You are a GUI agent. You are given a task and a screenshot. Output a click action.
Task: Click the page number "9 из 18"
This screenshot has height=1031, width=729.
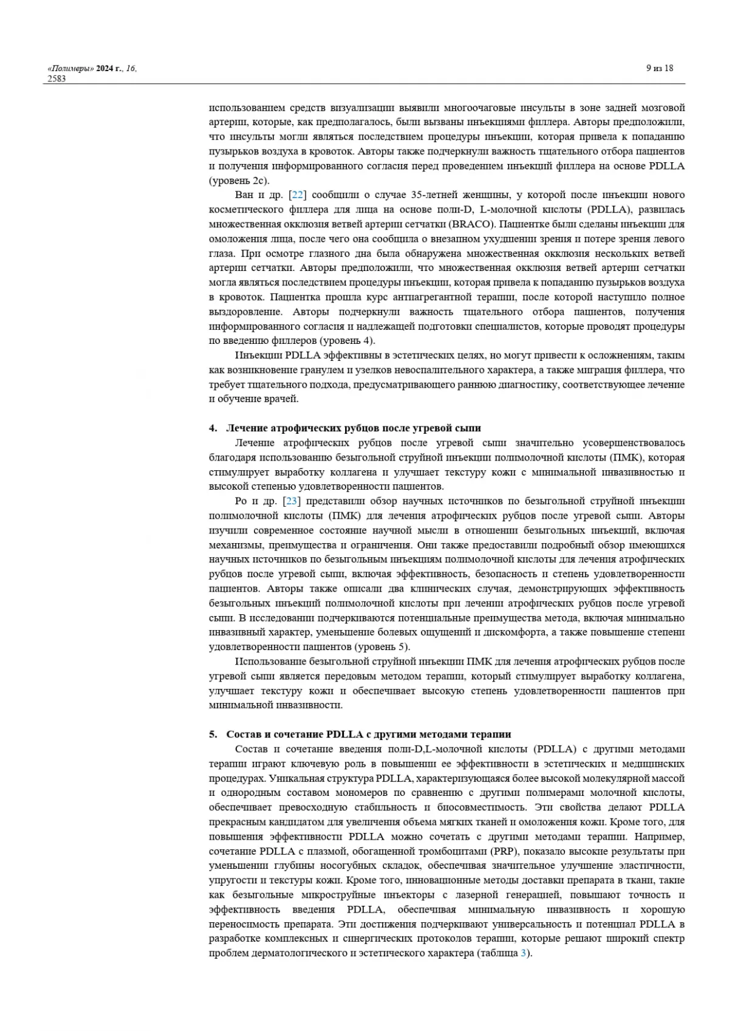point(659,68)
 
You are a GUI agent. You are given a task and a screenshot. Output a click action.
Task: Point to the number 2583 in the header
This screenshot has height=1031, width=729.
point(56,78)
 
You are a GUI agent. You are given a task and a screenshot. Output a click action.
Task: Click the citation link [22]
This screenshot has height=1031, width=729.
point(297,195)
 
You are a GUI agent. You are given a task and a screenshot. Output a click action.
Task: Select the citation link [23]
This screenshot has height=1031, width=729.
point(292,501)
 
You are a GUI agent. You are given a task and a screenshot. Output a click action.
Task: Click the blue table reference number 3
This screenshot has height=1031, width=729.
point(524,953)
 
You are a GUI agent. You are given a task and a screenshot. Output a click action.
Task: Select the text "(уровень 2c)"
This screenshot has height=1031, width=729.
point(239,180)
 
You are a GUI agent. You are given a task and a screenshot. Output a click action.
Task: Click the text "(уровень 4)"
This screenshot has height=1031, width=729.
point(347,341)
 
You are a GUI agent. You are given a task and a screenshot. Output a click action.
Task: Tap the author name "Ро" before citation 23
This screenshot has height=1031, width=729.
point(241,501)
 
